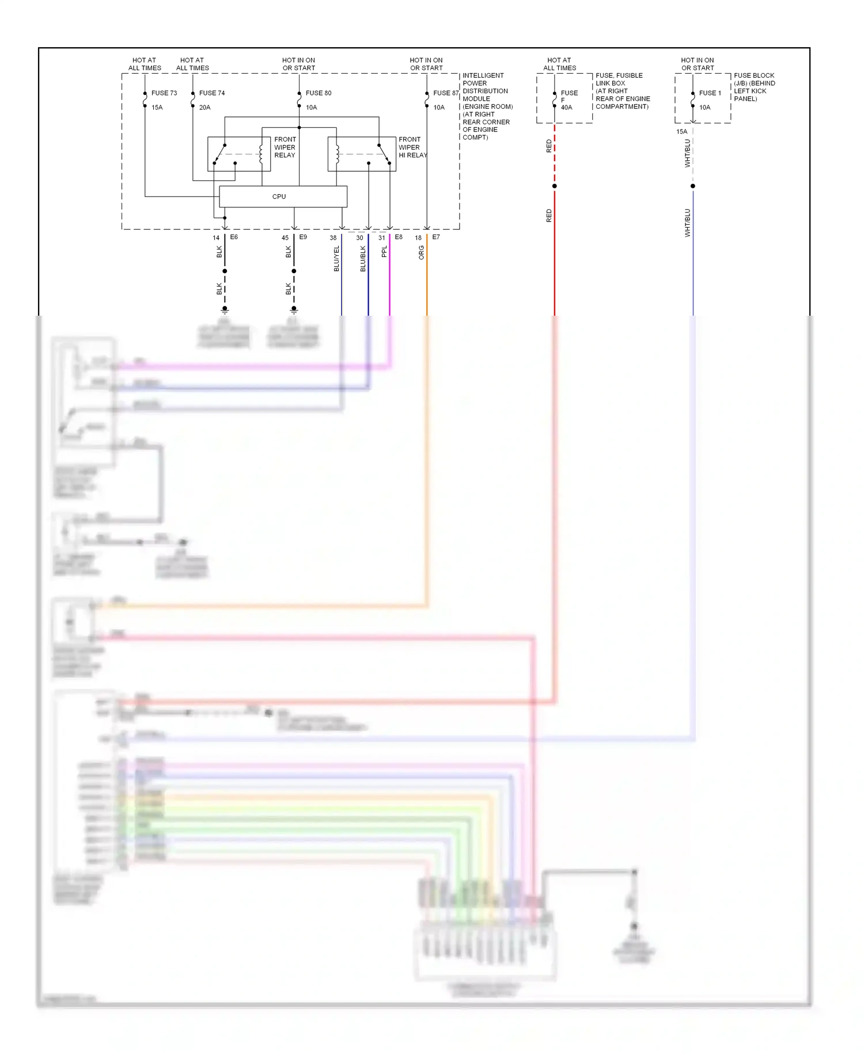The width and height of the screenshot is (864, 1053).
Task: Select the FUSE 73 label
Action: tap(164, 93)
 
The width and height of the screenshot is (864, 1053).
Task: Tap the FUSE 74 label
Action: tap(212, 93)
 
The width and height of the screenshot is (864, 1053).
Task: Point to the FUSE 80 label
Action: tap(319, 93)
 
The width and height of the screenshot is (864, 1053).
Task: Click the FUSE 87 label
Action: tap(446, 93)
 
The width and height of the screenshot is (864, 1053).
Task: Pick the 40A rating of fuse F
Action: tap(566, 108)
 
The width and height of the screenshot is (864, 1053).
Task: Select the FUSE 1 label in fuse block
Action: tap(710, 93)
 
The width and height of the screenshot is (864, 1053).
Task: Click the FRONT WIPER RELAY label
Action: tap(285, 147)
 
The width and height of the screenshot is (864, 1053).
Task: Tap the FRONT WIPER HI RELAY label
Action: tap(412, 147)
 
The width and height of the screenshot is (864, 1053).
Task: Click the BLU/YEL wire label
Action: tap(336, 259)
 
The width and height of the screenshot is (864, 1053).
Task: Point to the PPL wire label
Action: tap(384, 252)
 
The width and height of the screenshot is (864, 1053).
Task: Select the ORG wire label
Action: tap(421, 252)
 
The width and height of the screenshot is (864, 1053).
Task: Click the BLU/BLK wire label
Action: tap(363, 259)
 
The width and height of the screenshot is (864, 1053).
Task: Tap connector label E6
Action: tap(234, 237)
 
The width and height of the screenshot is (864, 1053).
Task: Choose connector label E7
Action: tap(436, 237)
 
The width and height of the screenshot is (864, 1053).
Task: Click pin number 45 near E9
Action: tap(285, 237)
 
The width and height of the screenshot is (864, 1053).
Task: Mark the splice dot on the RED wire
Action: tap(554, 186)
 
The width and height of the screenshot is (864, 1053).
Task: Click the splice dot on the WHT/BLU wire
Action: tap(692, 186)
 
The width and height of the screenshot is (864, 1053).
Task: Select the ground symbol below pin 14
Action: tap(225, 310)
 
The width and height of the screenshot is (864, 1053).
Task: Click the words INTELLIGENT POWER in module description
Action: tap(483, 79)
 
